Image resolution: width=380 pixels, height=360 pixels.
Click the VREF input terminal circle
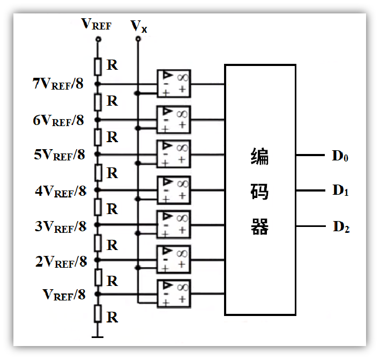(98, 39)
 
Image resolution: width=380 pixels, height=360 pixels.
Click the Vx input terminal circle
(138, 39)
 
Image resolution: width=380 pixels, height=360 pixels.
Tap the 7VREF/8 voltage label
(58, 84)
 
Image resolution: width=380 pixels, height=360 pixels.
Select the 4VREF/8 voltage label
(61, 191)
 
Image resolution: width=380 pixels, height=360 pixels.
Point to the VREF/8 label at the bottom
(64, 295)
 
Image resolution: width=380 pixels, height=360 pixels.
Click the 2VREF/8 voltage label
(61, 262)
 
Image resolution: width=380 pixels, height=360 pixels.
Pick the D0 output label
(340, 156)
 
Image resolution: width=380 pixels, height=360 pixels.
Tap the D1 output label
(340, 190)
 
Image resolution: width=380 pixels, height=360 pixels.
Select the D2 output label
(341, 227)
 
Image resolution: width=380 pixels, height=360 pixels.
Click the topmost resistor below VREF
(98, 67)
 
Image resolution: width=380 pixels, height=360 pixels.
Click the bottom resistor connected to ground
(98, 314)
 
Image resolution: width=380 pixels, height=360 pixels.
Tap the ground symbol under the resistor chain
(98, 337)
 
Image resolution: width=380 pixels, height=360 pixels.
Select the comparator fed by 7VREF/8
(174, 84)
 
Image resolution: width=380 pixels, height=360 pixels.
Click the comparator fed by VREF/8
(174, 294)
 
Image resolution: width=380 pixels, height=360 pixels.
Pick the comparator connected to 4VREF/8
(174, 190)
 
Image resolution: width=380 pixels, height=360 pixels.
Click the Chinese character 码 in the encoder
(259, 192)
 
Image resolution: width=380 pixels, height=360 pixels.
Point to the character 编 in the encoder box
(259, 157)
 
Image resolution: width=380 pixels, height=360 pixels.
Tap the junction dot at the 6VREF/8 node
(98, 120)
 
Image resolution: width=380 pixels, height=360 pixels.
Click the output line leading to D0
(310, 155)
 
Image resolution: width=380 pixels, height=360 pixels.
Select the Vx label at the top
(139, 26)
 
